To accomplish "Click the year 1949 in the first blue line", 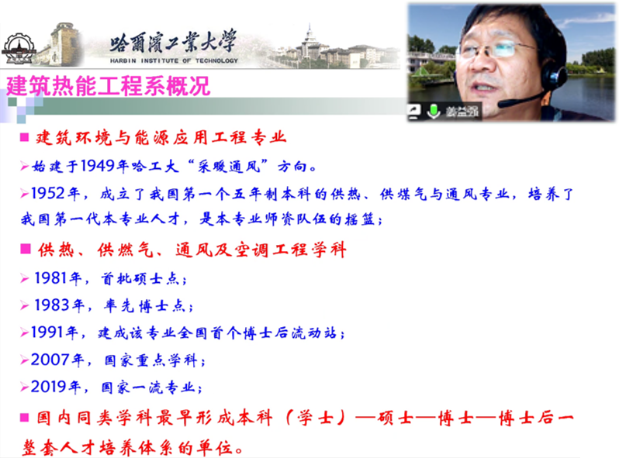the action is pos(97,166).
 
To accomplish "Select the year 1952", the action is pos(48,193).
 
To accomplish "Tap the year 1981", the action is pos(51,278).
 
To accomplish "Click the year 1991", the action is pos(47,332).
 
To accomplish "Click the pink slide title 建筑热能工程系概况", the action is pos(108,85).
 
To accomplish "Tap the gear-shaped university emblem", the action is pos(19,49).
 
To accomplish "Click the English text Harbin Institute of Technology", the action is pos(174,60).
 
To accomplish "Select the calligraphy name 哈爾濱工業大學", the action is pos(173,41).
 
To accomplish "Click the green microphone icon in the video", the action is pos(434,111).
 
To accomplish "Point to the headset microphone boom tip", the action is pos(501,105).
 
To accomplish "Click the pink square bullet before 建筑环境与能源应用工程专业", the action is pos(25,137).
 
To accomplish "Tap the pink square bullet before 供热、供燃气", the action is pos(26,249).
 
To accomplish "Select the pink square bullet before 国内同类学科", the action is pos(25,417).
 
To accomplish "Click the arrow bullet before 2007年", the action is pos(25,360).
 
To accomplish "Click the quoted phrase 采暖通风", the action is pos(229,166).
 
